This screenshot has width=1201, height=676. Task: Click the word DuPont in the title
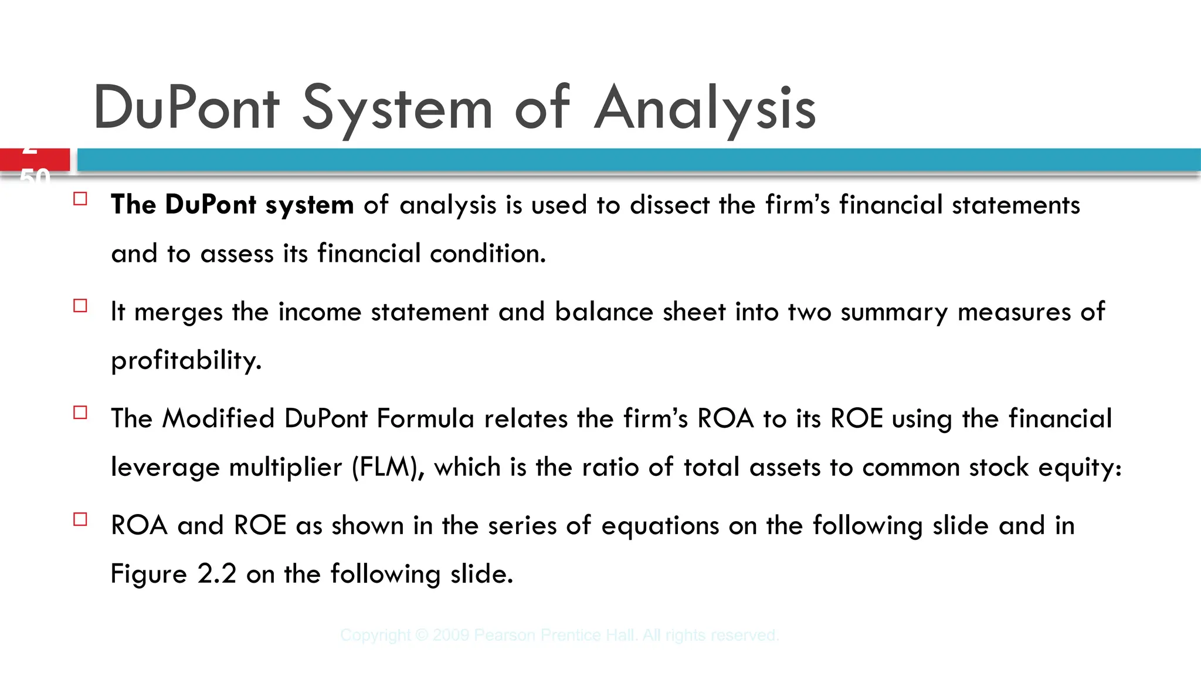(186, 109)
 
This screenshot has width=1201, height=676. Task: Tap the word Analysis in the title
(705, 109)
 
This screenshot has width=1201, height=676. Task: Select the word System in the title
(397, 109)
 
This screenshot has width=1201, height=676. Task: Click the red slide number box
(35, 160)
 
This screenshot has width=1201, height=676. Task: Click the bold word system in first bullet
(310, 205)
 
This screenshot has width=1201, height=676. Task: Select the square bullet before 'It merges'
(80, 306)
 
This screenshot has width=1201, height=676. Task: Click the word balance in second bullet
(604, 312)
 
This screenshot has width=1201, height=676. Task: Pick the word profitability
(186, 360)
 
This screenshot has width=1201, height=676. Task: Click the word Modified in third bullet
(219, 419)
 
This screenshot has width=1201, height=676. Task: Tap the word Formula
(425, 419)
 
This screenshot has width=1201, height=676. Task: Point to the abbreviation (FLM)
(388, 468)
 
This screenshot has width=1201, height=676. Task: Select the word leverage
(165, 468)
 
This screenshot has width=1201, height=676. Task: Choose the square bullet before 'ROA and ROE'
(80, 519)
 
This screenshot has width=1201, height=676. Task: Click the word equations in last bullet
(660, 526)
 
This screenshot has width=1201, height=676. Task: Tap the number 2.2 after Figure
(217, 574)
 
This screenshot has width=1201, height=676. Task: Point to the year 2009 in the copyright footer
(451, 635)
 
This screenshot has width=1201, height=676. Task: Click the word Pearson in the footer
(504, 635)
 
